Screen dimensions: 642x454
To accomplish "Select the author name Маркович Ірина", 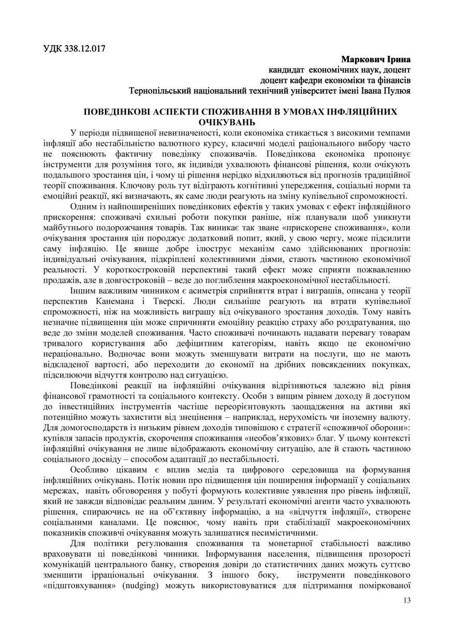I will (376, 59).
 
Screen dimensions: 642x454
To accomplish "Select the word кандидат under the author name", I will (286, 70).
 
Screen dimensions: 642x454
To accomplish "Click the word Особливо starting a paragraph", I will (91, 470).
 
